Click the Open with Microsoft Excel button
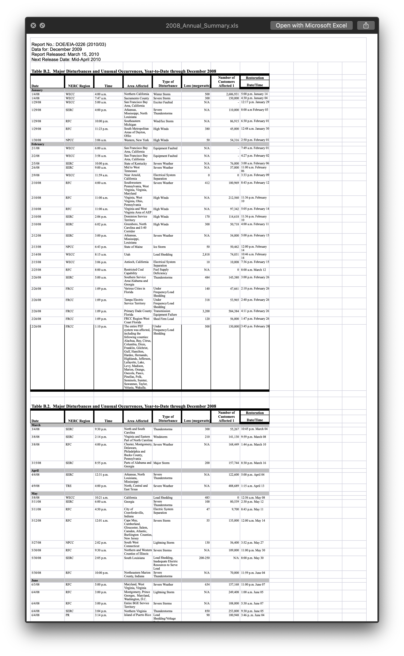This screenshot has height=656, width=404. (311, 25)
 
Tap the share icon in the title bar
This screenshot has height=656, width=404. (366, 25)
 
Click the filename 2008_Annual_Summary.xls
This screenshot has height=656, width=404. (202, 26)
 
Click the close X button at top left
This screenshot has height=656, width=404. (33, 25)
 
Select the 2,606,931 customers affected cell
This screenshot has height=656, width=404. (226, 94)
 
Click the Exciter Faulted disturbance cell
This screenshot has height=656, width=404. (163, 102)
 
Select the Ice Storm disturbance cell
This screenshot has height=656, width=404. (159, 247)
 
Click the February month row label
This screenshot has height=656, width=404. (38, 144)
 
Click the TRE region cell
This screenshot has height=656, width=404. (69, 486)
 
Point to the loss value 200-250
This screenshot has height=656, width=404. (204, 558)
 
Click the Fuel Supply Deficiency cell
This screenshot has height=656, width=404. (161, 271)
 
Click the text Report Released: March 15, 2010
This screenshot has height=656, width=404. (65, 54)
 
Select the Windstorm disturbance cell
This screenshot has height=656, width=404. (160, 437)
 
